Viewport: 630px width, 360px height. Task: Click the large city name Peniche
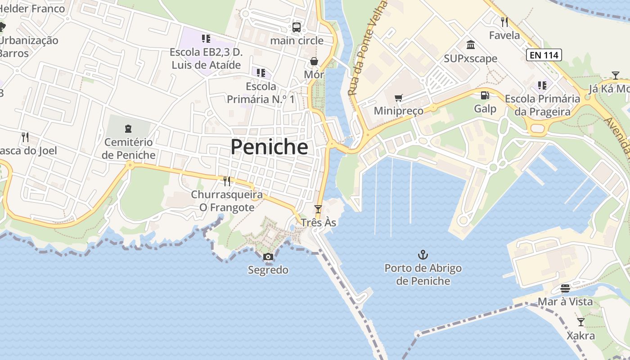coord(269,147)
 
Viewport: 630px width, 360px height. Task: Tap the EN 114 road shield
coord(544,55)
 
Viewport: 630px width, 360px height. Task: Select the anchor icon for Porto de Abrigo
coord(423,255)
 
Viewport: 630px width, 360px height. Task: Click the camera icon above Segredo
coord(268,257)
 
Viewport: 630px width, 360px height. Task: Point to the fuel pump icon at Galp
coord(485,95)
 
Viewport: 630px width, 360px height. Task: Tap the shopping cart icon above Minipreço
coord(398,98)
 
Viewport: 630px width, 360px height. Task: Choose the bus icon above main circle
coord(297,27)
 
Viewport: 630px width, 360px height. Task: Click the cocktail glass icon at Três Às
coord(318,209)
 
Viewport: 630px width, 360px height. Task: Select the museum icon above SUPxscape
coord(471,45)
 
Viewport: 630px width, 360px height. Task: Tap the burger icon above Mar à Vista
coord(565,288)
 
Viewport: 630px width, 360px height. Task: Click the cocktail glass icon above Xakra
coord(580,322)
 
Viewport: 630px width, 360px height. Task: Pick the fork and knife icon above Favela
coord(504,22)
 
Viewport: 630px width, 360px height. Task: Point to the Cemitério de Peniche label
coord(128,149)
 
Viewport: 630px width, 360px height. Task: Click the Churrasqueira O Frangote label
coord(227,201)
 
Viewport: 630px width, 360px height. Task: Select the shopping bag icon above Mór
coord(314,61)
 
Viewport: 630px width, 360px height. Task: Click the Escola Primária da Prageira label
coord(542,105)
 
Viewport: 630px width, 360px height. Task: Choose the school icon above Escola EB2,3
coord(206,39)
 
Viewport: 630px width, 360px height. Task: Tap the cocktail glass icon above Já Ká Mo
coord(615,75)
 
